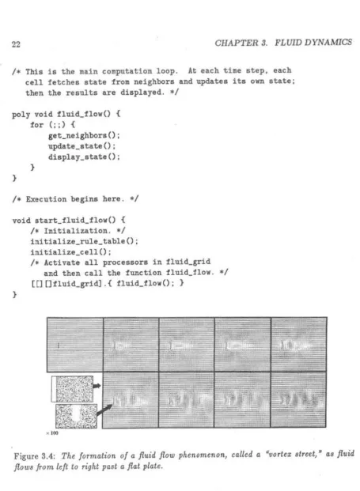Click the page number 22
(16, 44)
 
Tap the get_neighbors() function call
(84, 135)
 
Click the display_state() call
(84, 157)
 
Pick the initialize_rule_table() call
(84, 241)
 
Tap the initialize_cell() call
(70, 252)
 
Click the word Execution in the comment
(46, 199)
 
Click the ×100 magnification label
(52, 433)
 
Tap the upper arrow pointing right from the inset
(97, 386)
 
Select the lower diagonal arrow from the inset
(104, 410)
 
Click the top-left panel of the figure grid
(75, 345)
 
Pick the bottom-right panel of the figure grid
(298, 399)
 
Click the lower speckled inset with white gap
(76, 416)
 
